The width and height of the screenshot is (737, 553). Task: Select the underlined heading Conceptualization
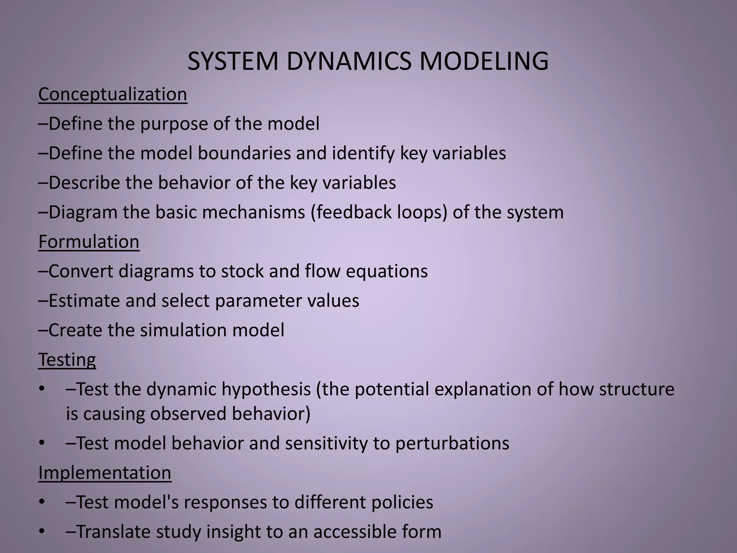[x=113, y=94]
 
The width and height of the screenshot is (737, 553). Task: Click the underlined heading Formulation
[x=89, y=242]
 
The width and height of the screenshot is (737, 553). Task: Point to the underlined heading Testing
[x=67, y=360]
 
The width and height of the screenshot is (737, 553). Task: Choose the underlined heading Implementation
[x=105, y=473]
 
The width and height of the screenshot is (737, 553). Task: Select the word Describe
[x=84, y=183]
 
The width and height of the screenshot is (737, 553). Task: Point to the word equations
[x=387, y=271]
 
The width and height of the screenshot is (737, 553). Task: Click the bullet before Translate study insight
[x=42, y=531]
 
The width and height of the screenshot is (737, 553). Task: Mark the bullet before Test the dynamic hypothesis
[x=42, y=389]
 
